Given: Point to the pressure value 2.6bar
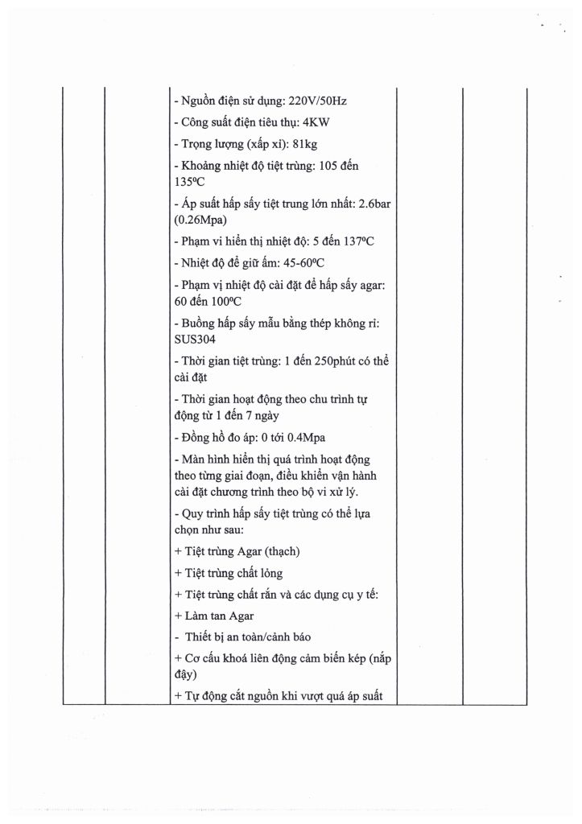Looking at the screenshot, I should point(374,204).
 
